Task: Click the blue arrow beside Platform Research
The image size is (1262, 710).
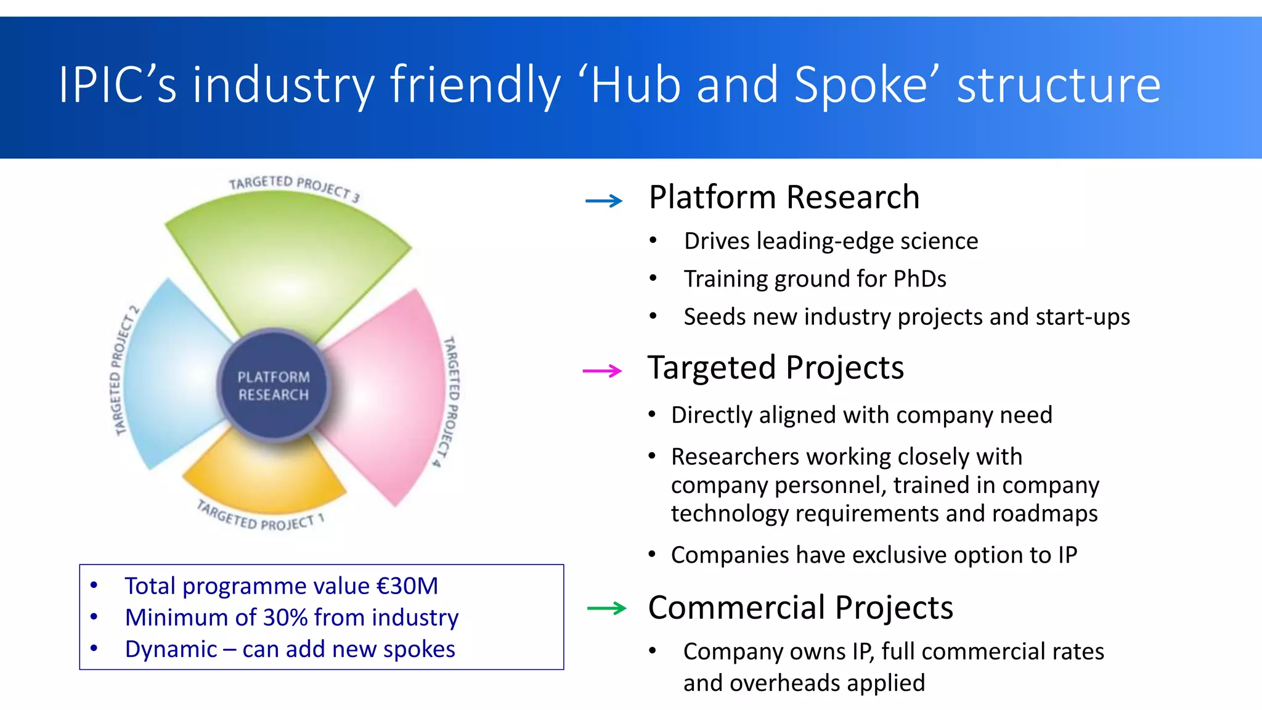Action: point(604,200)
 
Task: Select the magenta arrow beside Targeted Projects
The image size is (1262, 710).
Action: point(602,370)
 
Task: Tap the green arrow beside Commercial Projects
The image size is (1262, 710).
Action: point(606,608)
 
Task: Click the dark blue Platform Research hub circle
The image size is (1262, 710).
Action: point(274,386)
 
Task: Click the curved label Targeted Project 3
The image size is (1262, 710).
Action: point(294,187)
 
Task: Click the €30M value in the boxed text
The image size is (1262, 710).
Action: point(407,586)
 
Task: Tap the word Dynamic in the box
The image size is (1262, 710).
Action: point(171,650)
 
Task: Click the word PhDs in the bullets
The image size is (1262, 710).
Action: point(919,279)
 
